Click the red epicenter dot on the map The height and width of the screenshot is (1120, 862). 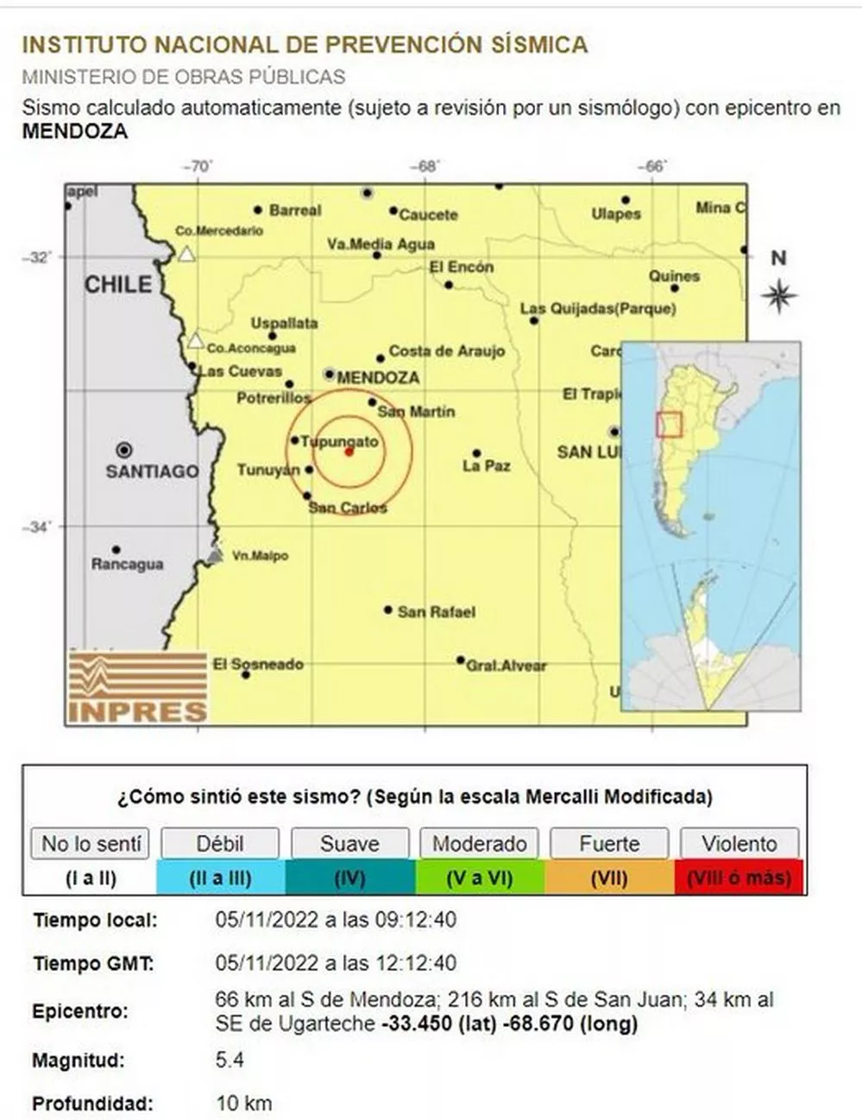coord(349,452)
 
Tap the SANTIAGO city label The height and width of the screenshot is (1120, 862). coord(152,471)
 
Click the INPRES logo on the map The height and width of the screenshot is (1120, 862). coord(137,687)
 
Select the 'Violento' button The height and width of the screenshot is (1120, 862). coord(739,844)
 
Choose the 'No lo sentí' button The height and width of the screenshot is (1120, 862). coord(91,844)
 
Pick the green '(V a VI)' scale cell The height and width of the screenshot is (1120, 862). coord(480,878)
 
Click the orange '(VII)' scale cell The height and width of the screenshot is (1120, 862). coord(609,878)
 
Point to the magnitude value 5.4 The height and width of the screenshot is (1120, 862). coord(230,1060)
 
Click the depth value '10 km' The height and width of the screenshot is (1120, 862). coord(243,1103)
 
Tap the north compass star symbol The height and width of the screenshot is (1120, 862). coord(779,296)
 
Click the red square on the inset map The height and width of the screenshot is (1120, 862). coord(669,425)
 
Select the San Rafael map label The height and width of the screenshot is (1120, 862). coord(436,612)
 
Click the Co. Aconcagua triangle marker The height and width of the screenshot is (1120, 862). coord(196,340)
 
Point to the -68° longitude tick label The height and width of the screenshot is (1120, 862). coord(425,166)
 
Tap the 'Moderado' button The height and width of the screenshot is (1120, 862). coord(480,844)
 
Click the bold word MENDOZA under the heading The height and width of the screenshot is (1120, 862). coord(75,132)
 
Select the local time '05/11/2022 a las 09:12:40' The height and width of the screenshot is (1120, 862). coord(336,921)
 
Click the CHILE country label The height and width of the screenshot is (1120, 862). coord(117,285)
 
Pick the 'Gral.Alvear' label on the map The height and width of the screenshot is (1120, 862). coord(506,666)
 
